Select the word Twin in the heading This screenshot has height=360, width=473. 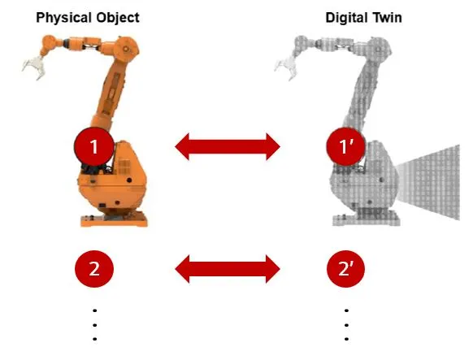click(x=388, y=18)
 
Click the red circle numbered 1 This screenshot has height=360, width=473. click(x=94, y=146)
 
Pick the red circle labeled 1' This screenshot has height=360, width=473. click(x=345, y=146)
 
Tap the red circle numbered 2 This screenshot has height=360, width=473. click(x=94, y=269)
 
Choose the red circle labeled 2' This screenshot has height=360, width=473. click(x=345, y=269)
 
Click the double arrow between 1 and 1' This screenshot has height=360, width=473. click(x=228, y=146)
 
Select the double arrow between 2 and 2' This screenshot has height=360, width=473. click(x=228, y=269)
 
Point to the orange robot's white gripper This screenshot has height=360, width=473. click(x=34, y=67)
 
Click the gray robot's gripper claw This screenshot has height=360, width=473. click(x=286, y=68)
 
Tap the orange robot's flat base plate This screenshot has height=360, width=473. click(x=114, y=220)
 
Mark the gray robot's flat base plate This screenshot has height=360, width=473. click(x=366, y=220)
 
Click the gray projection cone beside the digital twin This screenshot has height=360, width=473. click(x=428, y=182)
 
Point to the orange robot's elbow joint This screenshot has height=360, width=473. click(x=128, y=48)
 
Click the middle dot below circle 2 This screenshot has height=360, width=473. click(x=95, y=325)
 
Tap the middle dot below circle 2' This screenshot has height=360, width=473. click(x=346, y=325)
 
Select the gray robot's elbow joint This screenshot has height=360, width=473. click(x=380, y=48)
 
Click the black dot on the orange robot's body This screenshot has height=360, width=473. click(x=129, y=180)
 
